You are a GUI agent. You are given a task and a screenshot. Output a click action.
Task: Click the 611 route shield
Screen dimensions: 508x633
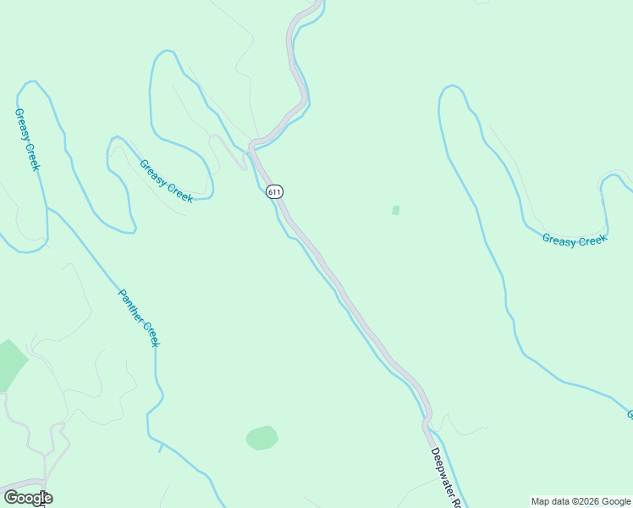click(273, 191)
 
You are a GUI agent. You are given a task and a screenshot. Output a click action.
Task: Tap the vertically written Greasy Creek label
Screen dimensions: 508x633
click(27, 139)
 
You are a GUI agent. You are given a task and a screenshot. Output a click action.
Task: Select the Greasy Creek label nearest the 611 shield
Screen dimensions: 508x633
click(167, 181)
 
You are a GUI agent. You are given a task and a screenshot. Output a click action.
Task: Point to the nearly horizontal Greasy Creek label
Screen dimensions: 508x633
click(575, 240)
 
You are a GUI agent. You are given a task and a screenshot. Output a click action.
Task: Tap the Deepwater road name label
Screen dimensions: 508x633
click(445, 478)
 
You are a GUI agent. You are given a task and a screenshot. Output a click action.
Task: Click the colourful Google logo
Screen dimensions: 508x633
click(28, 498)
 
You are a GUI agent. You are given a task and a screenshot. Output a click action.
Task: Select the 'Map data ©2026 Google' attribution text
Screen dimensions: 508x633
click(581, 501)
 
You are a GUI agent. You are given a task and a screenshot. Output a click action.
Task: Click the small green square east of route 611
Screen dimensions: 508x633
click(395, 210)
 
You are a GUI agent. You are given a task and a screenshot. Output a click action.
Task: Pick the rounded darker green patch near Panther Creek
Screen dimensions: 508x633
click(262, 438)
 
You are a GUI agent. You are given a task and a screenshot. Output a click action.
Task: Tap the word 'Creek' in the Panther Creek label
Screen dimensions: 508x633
click(150, 334)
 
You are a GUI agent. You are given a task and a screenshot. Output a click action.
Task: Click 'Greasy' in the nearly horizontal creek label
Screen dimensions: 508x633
click(559, 241)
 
